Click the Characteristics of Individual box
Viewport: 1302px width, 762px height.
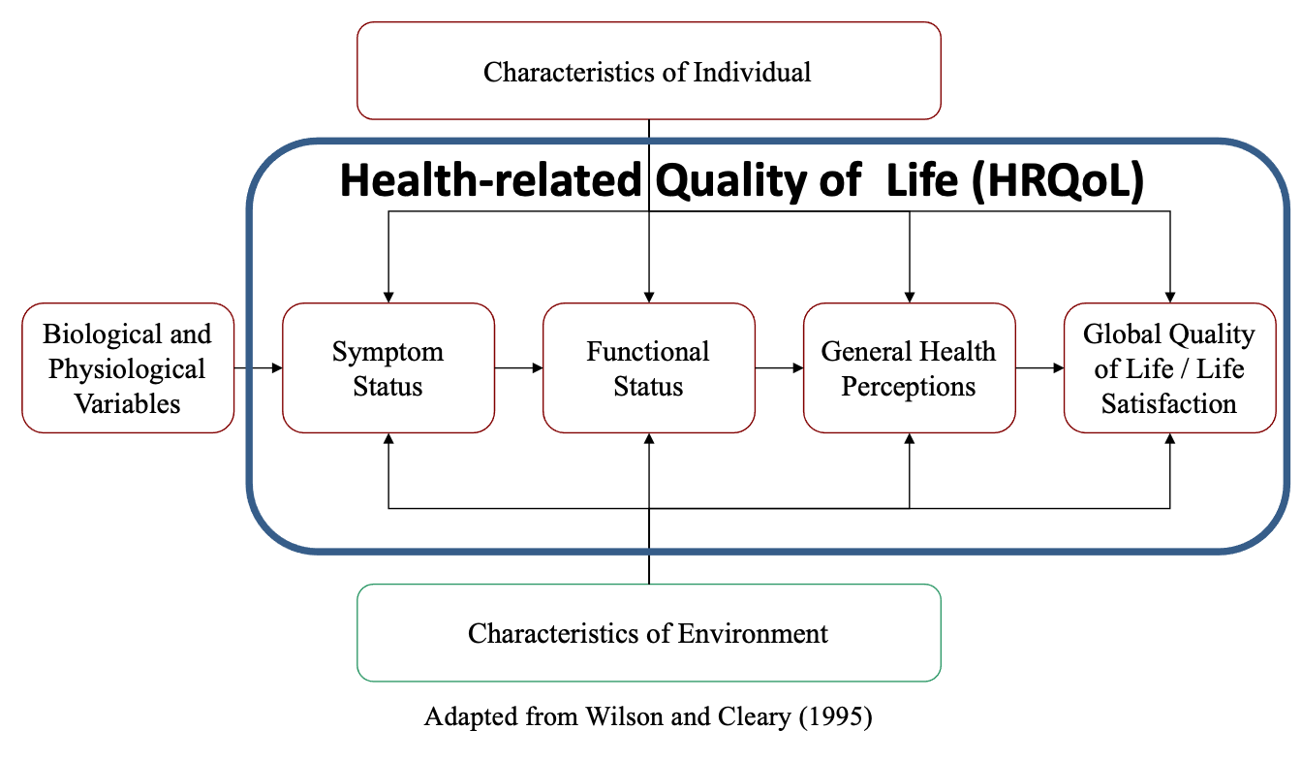[x=649, y=71]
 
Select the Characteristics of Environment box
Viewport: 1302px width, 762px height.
[x=649, y=633]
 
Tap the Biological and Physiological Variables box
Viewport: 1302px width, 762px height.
[x=128, y=367]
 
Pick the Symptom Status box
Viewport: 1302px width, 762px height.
[x=388, y=367]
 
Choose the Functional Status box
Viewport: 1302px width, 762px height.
[x=649, y=367]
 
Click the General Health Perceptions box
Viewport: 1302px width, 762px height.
[x=909, y=367]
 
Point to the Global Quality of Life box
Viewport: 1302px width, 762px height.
[x=1169, y=367]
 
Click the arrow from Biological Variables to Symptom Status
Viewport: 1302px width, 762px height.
[x=258, y=367]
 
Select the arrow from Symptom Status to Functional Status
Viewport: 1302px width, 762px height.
[x=518, y=367]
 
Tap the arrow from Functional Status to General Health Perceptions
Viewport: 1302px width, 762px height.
[x=779, y=367]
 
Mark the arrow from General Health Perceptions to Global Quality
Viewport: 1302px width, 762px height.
[x=1039, y=367]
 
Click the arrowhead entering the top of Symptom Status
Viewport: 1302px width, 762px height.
[x=388, y=298]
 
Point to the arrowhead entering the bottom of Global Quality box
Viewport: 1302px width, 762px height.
[x=1170, y=438]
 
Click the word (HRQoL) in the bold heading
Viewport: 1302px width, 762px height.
[x=1058, y=181]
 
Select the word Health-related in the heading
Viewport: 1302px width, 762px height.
[x=490, y=179]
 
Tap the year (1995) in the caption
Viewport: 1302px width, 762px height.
[x=835, y=716]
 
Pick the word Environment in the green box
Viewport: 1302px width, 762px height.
[x=753, y=633]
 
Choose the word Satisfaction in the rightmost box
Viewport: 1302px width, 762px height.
[x=1169, y=403]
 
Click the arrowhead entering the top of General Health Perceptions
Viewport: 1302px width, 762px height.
[x=910, y=298]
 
